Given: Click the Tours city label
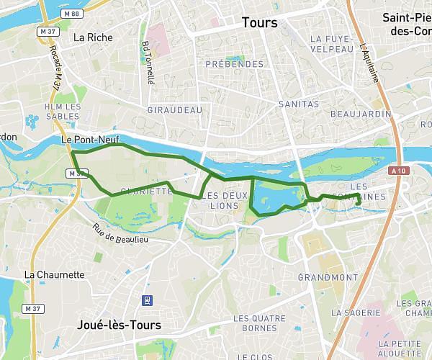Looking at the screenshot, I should point(259,23).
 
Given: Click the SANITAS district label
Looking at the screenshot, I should point(298,104).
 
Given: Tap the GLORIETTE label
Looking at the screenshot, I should point(147,192).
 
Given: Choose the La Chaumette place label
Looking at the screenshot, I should point(54,275).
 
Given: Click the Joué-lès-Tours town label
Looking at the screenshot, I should point(119,325).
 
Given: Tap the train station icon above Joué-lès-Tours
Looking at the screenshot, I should point(147,300).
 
